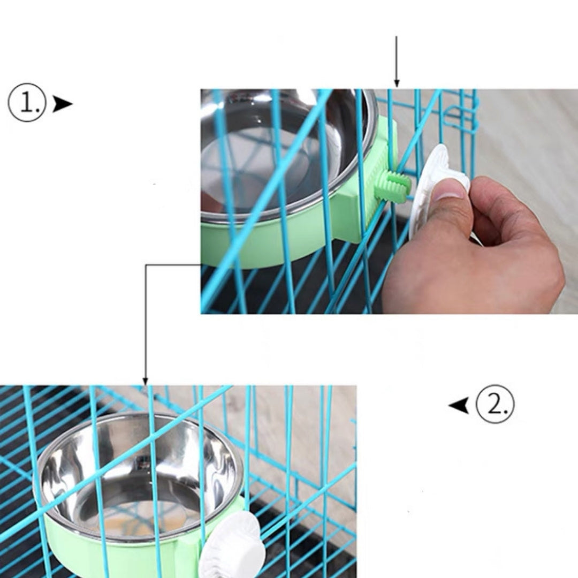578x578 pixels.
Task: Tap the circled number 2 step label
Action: click(495, 404)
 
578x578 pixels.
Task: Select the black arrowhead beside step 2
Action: click(459, 405)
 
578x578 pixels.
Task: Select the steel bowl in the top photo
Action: click(278, 150)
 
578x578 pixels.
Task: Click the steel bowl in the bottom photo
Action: click(139, 471)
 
